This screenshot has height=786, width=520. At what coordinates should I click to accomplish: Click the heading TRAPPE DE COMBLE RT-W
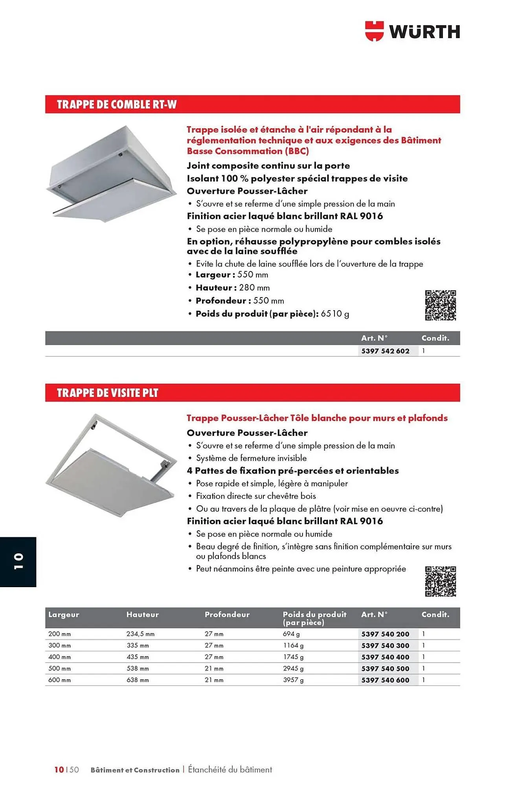pos(116,105)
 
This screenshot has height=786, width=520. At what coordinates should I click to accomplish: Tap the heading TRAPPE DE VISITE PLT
pos(107,393)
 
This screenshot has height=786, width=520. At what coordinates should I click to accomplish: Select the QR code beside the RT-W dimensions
pos(440,305)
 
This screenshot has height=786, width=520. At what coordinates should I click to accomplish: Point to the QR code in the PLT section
pos(440,581)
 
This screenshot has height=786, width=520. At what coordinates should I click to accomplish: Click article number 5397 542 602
pos(385,351)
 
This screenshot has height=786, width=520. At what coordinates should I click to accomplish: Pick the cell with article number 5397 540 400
pos(385,657)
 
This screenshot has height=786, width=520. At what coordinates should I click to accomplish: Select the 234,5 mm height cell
pos(140,634)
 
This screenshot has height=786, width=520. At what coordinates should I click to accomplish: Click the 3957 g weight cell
pos(293,680)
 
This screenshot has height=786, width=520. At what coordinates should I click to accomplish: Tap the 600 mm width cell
pos(59,680)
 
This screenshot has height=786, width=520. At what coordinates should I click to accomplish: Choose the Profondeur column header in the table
pos(227,615)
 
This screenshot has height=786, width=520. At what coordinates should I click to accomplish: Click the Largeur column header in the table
pos(64,615)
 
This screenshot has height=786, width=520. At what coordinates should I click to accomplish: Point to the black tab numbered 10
pos(18,562)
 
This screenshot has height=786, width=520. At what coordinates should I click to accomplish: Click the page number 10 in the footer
pos(59,769)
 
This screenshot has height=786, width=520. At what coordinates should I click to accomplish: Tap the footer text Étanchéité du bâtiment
pos(230,769)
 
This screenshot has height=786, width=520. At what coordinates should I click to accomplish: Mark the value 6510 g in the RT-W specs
pos(335,314)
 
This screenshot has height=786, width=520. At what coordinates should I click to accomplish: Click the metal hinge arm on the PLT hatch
pos(160,469)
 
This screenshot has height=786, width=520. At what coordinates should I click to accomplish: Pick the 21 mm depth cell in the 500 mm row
pos(214,668)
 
